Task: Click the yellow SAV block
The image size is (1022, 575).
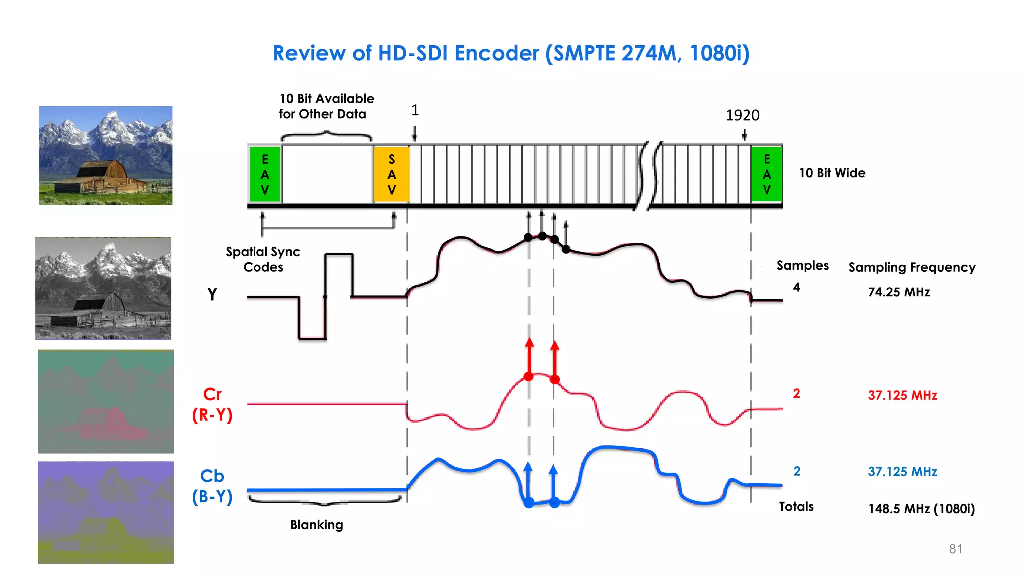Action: click(x=391, y=174)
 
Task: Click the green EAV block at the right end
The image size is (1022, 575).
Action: click(x=766, y=174)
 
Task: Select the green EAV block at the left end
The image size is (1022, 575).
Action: click(x=265, y=174)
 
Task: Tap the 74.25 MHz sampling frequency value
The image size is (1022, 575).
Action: click(x=899, y=292)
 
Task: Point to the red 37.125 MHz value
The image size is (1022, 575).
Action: click(x=902, y=395)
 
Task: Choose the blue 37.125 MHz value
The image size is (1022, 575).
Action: click(x=902, y=471)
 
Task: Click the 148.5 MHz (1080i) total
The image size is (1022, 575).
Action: click(x=921, y=509)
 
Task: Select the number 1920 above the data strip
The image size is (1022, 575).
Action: click(x=742, y=116)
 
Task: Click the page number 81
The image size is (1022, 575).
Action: click(x=955, y=549)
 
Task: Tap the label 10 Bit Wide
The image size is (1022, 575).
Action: click(x=832, y=173)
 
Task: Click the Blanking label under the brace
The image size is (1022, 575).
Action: click(x=317, y=525)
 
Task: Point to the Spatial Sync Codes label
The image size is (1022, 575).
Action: click(x=263, y=259)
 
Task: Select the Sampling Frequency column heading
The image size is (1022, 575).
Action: click(x=912, y=267)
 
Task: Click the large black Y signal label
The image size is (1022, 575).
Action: click(x=212, y=294)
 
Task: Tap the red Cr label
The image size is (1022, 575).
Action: click(x=212, y=395)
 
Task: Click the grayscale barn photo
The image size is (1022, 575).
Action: click(x=103, y=288)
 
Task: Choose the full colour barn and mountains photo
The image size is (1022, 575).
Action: click(x=106, y=155)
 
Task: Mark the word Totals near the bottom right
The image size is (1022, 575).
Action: click(x=796, y=507)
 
